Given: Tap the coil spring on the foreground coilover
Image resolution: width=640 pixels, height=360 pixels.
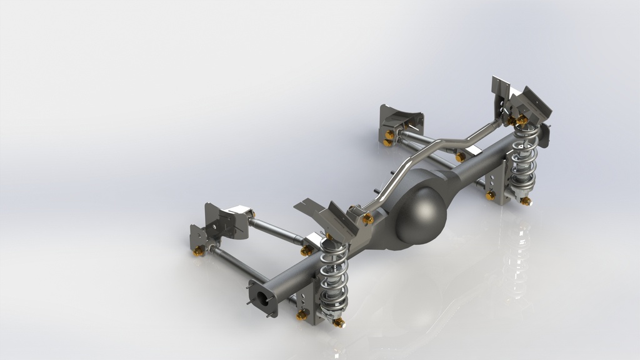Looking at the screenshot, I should (335, 275).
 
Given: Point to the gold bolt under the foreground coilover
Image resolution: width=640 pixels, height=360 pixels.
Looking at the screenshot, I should (339, 322).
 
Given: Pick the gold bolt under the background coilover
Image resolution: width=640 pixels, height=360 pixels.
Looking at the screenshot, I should (526, 201).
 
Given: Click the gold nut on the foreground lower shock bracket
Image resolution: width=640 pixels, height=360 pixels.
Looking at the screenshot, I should (302, 315).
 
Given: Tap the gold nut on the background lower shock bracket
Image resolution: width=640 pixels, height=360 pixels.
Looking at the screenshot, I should (491, 196).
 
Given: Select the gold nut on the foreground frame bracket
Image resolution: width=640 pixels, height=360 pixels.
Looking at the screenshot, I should (199, 250).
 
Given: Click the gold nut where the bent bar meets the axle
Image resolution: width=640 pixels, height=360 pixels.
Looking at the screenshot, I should (367, 219).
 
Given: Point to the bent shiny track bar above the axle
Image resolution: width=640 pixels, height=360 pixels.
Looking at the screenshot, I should (425, 156).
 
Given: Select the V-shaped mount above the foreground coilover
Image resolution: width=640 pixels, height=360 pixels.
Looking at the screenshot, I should (325, 216).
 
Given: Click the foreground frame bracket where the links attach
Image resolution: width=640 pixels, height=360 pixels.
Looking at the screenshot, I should (216, 225).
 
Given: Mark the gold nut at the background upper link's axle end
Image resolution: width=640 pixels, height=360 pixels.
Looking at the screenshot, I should (461, 157).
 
